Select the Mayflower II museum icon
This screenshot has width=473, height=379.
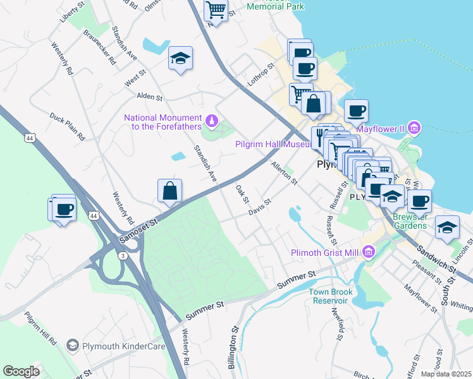(x=415, y=129)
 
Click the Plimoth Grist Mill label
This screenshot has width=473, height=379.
(x=324, y=253)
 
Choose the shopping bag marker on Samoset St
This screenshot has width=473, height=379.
(x=170, y=190)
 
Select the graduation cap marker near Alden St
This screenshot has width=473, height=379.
(x=181, y=59)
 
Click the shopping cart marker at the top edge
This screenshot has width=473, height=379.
(x=216, y=10)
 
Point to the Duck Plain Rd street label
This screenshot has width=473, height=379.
(x=68, y=126)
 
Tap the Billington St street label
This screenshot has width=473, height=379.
(x=234, y=347)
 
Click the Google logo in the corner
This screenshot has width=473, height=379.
(x=21, y=371)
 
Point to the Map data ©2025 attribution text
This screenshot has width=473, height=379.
(x=446, y=374)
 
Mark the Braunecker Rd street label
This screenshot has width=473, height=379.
(x=96, y=51)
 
